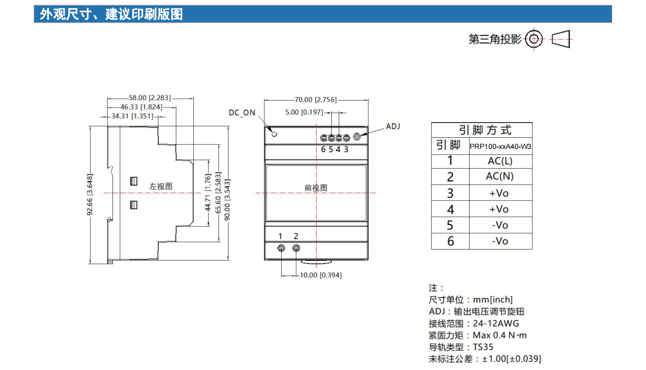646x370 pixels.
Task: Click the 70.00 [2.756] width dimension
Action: pyautogui.click(x=315, y=99)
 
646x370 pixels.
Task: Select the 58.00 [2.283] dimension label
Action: pyautogui.click(x=150, y=98)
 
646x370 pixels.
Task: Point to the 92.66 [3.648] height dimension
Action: pyautogui.click(x=90, y=194)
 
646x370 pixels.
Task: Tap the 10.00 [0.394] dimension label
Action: pyautogui.click(x=321, y=275)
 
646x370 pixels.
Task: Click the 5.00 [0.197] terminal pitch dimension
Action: pyautogui.click(x=304, y=112)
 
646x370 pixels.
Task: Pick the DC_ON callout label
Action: pyautogui.click(x=242, y=112)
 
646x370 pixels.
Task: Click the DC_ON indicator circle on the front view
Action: pyautogui.click(x=274, y=134)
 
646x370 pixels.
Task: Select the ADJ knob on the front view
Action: pyautogui.click(x=357, y=136)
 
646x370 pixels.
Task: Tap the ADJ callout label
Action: pyautogui.click(x=393, y=126)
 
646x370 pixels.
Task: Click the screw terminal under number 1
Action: pyautogui.click(x=282, y=248)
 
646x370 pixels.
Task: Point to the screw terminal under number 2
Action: pyautogui.click(x=296, y=248)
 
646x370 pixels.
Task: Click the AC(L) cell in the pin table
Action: pyautogui.click(x=500, y=161)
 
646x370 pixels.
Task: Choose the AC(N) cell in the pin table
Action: pyautogui.click(x=500, y=176)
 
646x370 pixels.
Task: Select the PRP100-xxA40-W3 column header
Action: pyautogui.click(x=500, y=146)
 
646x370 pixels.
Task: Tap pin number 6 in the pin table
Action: pyautogui.click(x=450, y=241)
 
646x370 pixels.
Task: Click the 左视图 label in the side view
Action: pyautogui.click(x=161, y=187)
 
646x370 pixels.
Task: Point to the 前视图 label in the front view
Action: pyautogui.click(x=316, y=188)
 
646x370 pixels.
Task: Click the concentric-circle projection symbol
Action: pyautogui.click(x=534, y=39)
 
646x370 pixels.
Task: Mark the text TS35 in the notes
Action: pyautogui.click(x=483, y=347)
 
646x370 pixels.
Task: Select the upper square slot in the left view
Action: pyautogui.click(x=134, y=182)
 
